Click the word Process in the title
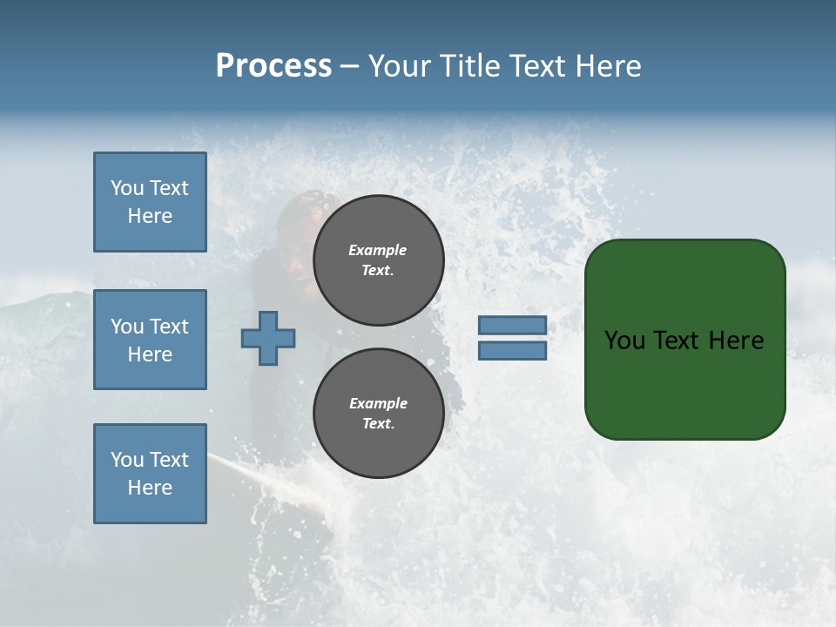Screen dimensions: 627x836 (273, 66)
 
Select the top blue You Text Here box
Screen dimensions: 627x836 (150, 202)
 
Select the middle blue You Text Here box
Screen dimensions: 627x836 (150, 340)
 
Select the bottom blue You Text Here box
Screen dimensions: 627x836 (150, 474)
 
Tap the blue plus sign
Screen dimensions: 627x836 (268, 339)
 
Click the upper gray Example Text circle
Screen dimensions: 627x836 (378, 260)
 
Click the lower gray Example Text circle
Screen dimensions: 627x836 (378, 414)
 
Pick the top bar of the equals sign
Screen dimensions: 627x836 (512, 326)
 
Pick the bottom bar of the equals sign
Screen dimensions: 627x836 (512, 351)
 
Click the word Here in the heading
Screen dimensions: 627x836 (605, 66)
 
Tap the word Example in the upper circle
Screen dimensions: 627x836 (378, 250)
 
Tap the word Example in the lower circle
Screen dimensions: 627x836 (378, 403)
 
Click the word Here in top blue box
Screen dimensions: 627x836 (150, 216)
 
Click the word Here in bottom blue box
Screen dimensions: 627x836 (150, 488)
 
